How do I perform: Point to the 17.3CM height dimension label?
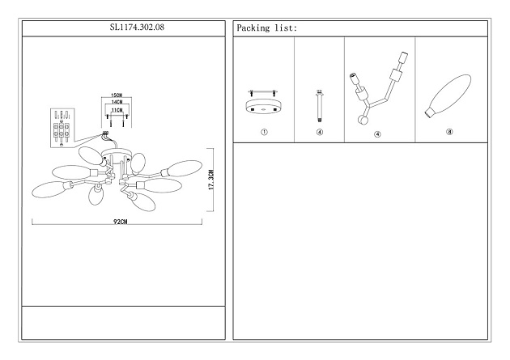pos(210,180)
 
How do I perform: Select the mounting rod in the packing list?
pos(320,104)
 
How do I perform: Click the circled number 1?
pos(263,133)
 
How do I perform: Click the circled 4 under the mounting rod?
pos(320,133)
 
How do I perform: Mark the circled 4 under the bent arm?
pos(378,133)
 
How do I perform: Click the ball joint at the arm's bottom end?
pos(363,121)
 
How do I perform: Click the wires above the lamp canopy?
pos(104,137)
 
